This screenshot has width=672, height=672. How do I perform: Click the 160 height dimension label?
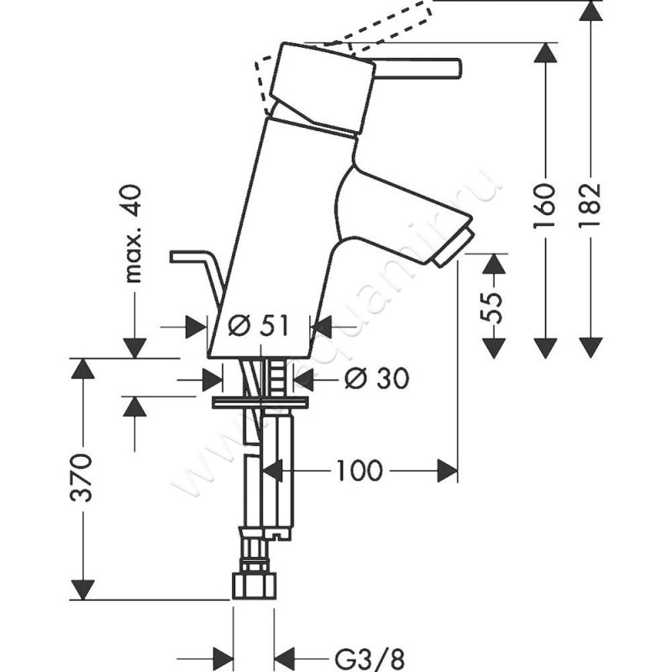tap(547, 203)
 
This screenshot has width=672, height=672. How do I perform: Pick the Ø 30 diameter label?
tap(376, 380)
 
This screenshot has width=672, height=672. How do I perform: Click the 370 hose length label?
tap(82, 479)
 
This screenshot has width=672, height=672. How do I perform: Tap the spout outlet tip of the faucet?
tap(453, 248)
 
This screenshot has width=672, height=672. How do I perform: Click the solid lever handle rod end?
tap(454, 68)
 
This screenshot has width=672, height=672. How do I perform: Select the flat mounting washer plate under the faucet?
tap(260, 402)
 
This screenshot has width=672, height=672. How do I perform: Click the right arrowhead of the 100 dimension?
tap(447, 471)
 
